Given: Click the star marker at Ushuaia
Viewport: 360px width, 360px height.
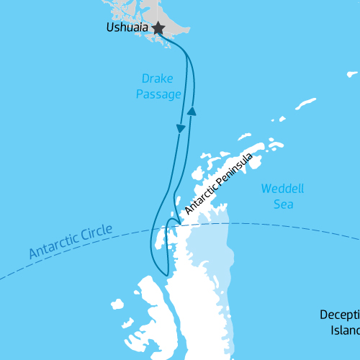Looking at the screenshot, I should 158,29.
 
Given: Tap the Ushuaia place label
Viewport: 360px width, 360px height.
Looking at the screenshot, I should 127,29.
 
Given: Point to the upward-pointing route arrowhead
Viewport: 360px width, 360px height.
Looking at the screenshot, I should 192,110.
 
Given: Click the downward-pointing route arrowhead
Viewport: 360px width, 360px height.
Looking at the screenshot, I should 181,127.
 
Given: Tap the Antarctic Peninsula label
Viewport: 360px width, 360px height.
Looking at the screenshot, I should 219,183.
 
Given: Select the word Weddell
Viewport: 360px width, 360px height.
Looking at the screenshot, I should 282,189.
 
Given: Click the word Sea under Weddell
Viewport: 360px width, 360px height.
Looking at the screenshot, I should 282,204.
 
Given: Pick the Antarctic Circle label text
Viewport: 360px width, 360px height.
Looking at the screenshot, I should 71,242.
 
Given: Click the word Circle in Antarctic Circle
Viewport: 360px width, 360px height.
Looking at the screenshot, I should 98,233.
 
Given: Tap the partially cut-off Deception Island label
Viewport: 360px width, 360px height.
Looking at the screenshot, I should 339,323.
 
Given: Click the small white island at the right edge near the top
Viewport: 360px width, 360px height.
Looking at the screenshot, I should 352,73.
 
